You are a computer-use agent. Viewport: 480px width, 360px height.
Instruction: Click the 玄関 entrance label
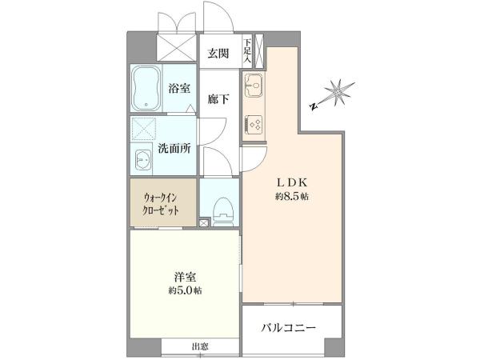(218, 54)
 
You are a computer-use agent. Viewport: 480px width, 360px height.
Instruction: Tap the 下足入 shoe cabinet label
(247, 51)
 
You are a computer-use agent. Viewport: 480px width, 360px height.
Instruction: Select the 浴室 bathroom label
(179, 88)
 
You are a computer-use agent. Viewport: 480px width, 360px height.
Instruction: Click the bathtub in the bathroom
(146, 89)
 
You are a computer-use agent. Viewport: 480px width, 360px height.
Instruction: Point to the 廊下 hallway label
(218, 99)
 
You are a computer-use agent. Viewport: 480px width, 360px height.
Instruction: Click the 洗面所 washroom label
(174, 149)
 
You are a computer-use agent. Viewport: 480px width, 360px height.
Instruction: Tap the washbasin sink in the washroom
(143, 159)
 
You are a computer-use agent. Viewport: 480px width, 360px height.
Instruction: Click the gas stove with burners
(254, 125)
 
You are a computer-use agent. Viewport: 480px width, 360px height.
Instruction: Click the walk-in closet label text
(160, 205)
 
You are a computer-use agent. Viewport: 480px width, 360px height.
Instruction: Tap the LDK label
(292, 182)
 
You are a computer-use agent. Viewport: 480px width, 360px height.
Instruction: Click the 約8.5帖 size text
(292, 197)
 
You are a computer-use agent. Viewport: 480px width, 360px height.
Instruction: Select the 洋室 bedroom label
(185, 277)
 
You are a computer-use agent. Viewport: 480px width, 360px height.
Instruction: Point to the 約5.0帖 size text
(185, 290)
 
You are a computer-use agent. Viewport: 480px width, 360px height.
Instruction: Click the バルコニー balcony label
(288, 328)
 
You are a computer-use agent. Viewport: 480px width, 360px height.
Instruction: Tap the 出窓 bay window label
(200, 347)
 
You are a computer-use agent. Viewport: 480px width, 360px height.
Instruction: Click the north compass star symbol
(338, 92)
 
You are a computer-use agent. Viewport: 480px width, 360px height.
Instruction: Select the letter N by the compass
(313, 106)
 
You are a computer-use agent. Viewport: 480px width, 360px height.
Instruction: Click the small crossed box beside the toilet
(203, 222)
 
